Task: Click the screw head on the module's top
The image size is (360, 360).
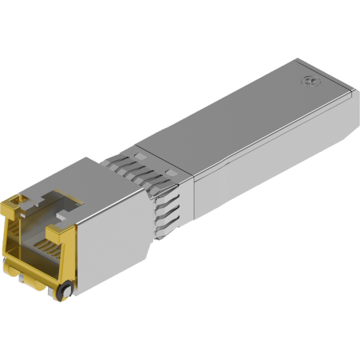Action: pos(308,82)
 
